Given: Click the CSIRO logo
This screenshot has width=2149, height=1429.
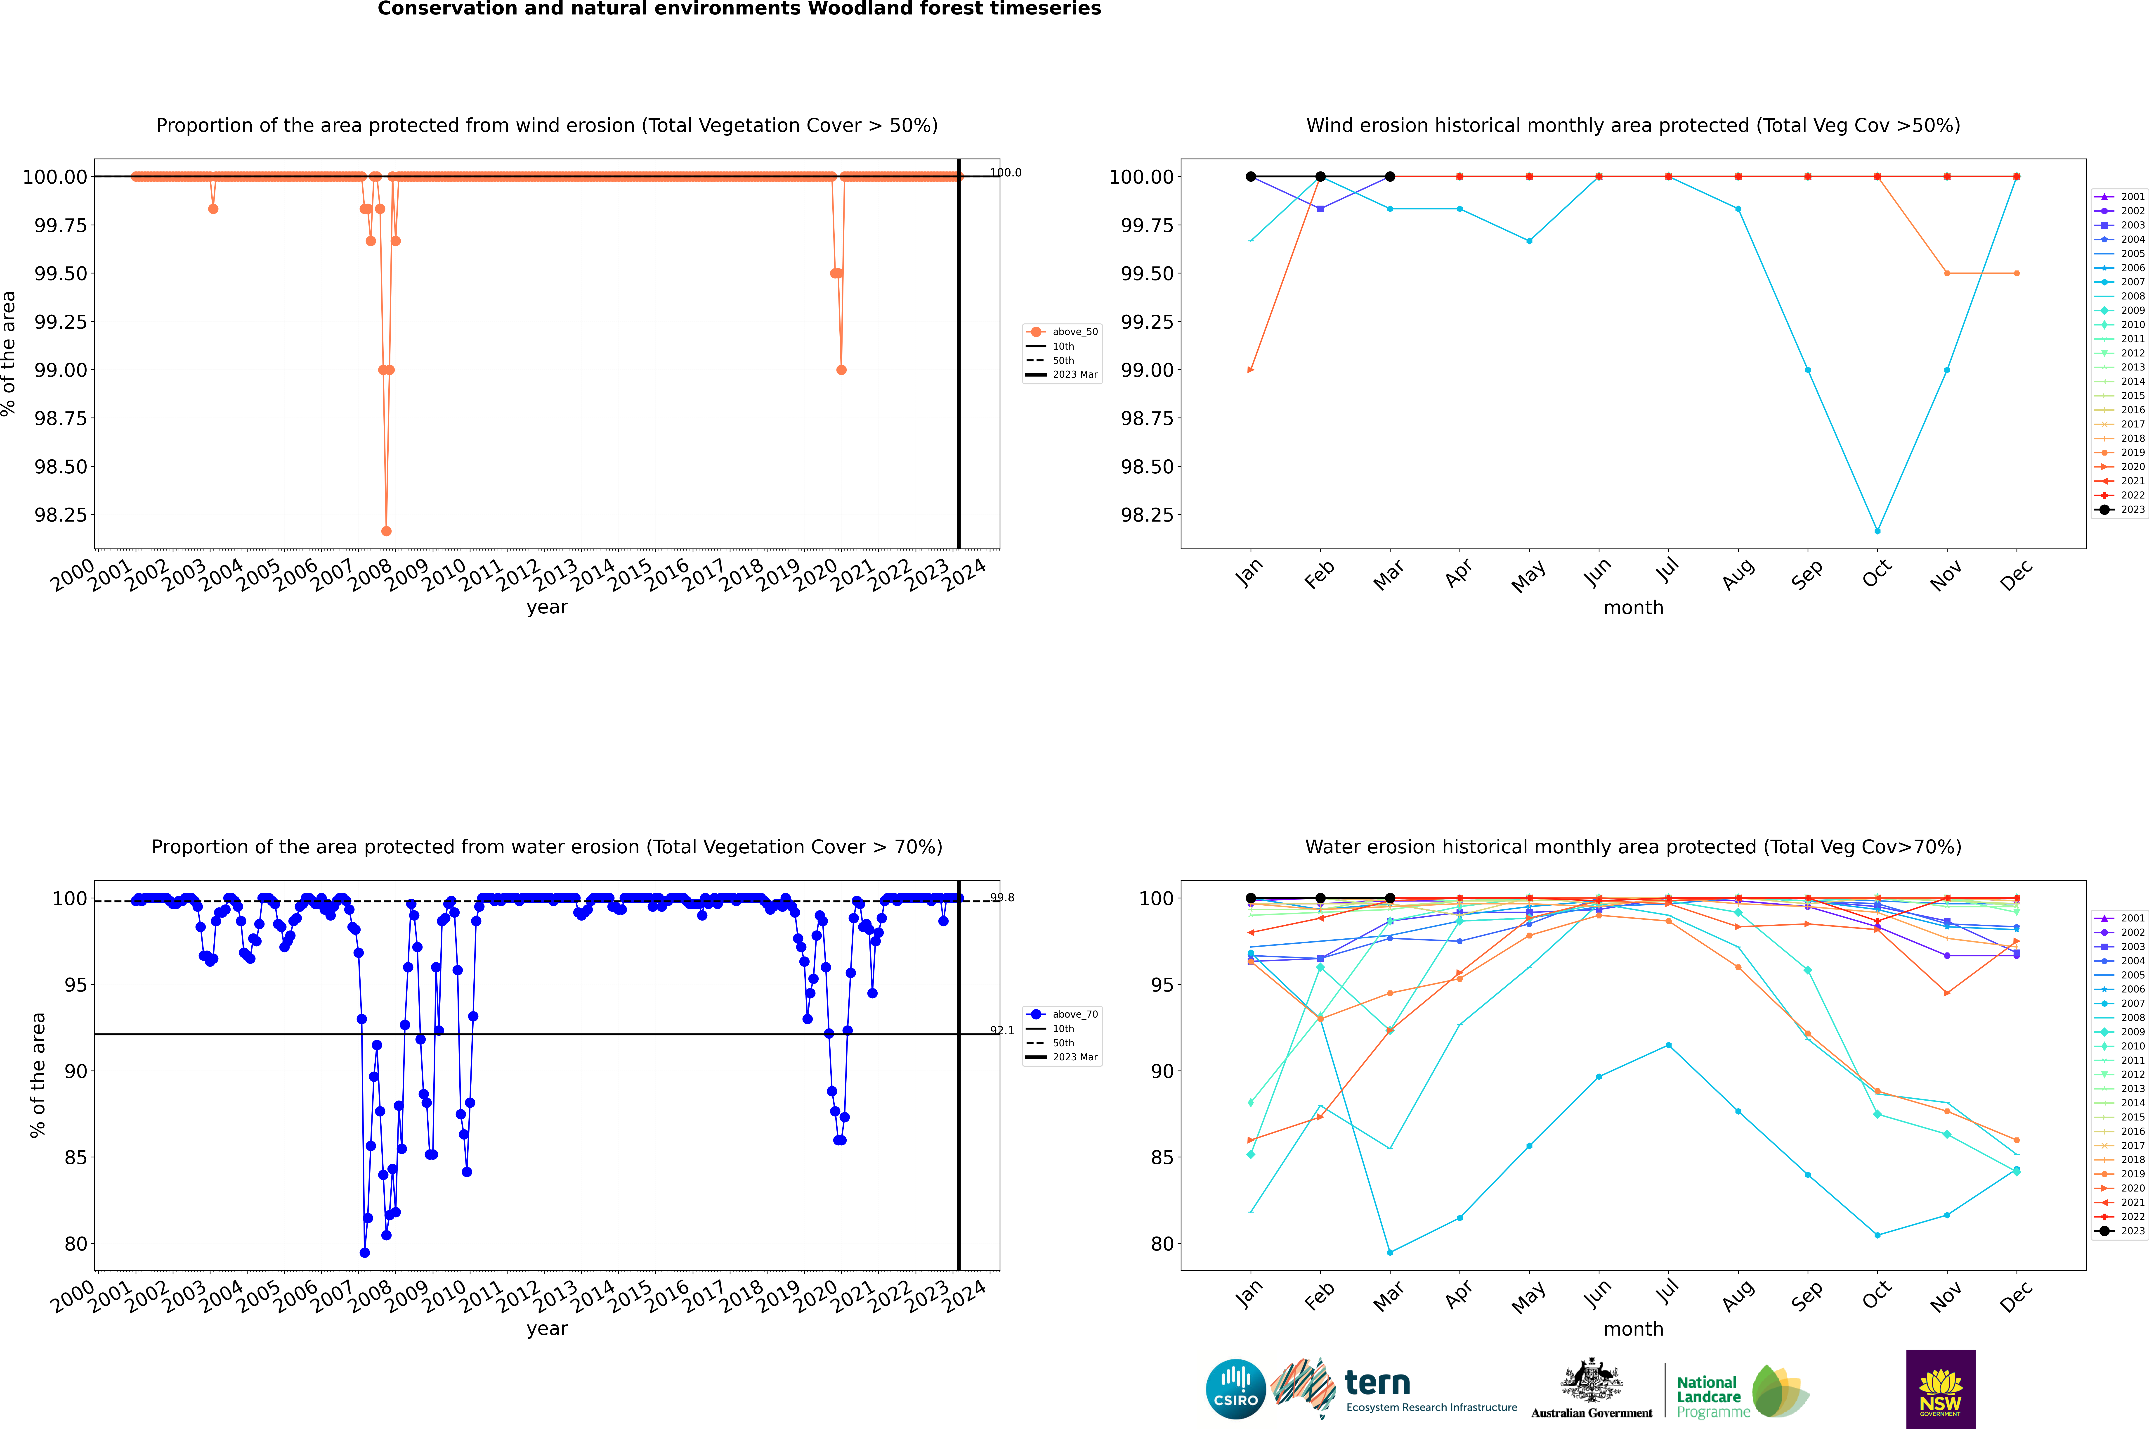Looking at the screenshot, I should click(1235, 1389).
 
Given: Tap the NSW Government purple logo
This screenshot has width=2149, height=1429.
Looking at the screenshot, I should click(1940, 1389).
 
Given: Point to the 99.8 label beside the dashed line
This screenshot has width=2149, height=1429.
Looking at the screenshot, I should click(1002, 898).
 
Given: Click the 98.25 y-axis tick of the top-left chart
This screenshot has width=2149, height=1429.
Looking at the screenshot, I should click(61, 515).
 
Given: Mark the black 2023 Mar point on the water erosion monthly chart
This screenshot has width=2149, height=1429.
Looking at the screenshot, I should click(1389, 899).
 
